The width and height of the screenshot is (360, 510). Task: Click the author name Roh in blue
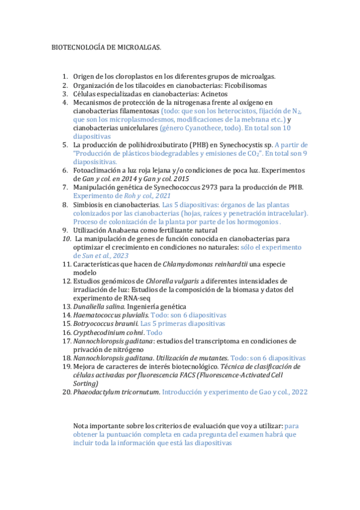pyautogui.click(x=130, y=196)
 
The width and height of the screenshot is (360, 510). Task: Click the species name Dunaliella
pyautogui.click(x=91, y=307)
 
